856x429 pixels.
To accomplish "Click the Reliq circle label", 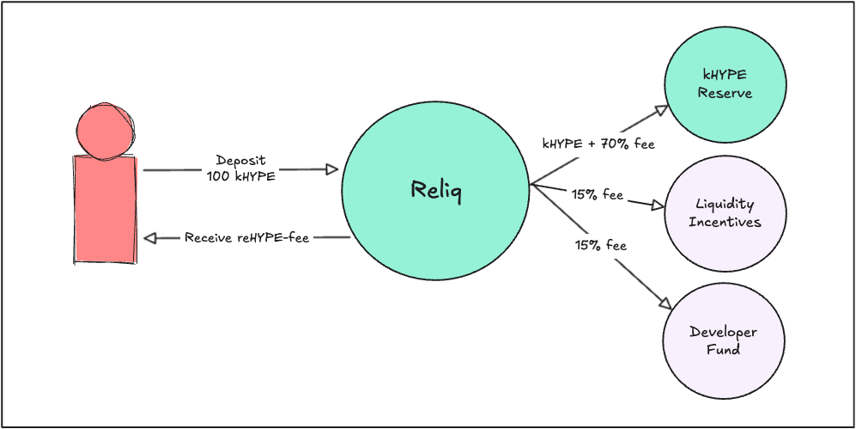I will click(435, 191).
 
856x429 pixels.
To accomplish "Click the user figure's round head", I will click(105, 132).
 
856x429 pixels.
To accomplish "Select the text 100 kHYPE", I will click(240, 176).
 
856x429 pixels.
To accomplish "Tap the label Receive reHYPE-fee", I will click(246, 237).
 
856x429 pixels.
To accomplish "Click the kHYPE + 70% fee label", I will click(598, 144).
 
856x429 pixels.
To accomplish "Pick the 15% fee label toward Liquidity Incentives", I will click(598, 195).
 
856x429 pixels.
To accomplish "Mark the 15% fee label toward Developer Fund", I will click(601, 245).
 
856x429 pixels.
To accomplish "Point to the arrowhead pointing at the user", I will click(150, 237).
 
